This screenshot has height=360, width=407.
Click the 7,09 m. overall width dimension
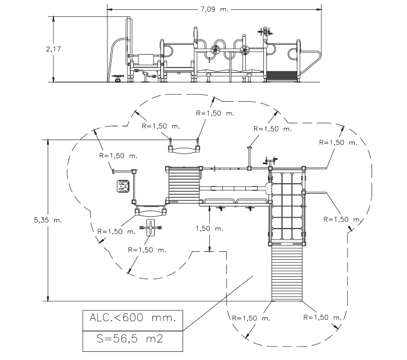pos(214,9)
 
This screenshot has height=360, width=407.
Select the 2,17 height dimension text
pos(53,49)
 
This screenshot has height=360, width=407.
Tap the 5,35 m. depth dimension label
pos(48,220)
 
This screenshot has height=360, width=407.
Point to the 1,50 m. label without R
pos(209,229)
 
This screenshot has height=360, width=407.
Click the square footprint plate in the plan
pos(123,187)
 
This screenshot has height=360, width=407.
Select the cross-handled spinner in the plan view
pos(151,227)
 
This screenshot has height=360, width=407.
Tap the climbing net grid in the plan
pos(287,205)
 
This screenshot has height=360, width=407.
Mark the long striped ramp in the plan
pos(287,273)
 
